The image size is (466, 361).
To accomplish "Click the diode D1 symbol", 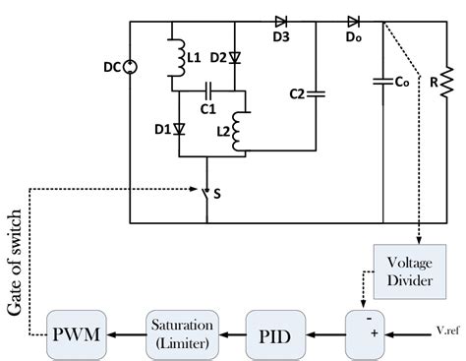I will [x=180, y=129].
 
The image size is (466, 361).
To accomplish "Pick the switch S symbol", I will [x=205, y=195].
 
